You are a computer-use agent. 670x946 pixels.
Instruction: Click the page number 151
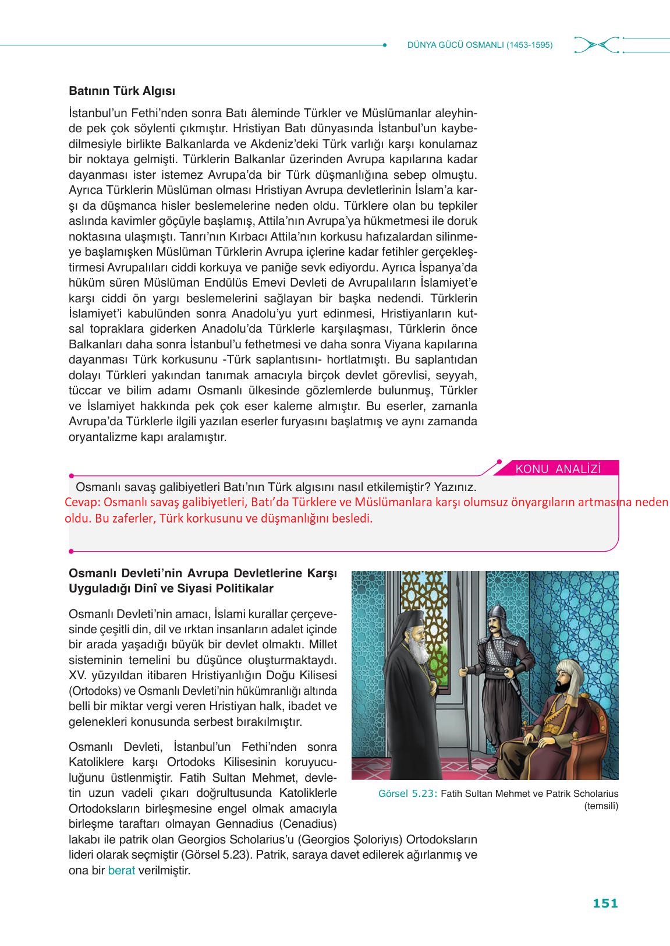click(x=605, y=903)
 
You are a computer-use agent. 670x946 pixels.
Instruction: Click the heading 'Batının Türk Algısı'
click(x=122, y=91)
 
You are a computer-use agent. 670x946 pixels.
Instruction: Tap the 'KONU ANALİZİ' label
click(x=558, y=469)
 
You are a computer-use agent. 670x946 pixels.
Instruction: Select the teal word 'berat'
click(x=121, y=871)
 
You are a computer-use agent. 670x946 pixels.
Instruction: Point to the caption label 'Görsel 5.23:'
click(x=407, y=793)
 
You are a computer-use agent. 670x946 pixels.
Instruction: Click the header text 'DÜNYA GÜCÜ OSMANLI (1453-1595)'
click(x=480, y=45)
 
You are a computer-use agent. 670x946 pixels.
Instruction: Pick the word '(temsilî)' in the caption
click(x=601, y=806)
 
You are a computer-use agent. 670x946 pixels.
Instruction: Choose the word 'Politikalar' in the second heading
click(x=245, y=588)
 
